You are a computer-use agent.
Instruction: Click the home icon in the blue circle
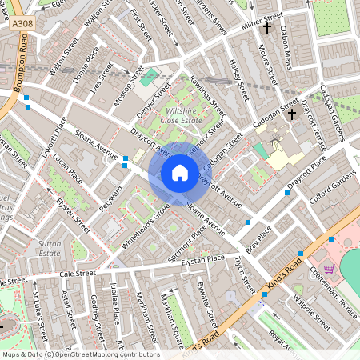click(x=180, y=173)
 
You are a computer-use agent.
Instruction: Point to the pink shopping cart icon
click(x=328, y=269)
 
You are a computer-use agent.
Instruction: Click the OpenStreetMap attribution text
click(x=80, y=354)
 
